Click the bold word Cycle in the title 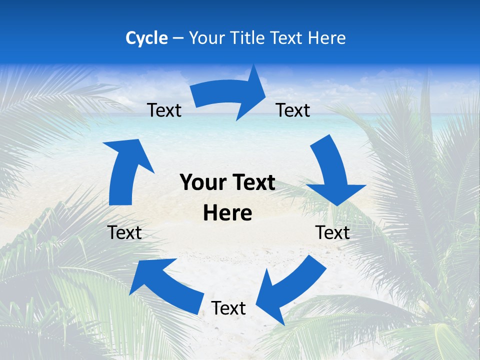146,38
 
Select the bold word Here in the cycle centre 227,213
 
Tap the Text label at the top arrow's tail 164,110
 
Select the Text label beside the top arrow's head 293,110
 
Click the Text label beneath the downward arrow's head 332,232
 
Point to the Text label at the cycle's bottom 228,308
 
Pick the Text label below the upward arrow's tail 124,232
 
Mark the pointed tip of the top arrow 265,97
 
